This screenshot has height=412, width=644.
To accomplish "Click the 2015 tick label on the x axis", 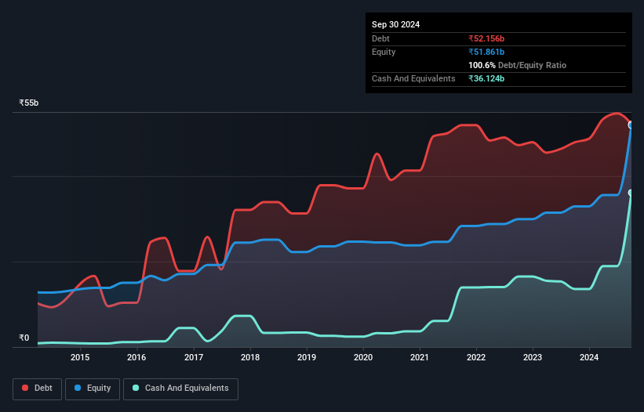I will pyautogui.click(x=80, y=358).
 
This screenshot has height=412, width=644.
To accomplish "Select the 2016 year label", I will pyautogui.click(x=136, y=358).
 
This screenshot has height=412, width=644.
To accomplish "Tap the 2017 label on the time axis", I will pyautogui.click(x=194, y=358).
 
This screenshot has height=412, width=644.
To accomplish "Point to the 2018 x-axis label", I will pyautogui.click(x=250, y=358).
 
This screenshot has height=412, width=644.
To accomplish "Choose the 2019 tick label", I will pyautogui.click(x=307, y=358).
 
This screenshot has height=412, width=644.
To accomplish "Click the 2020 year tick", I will pyautogui.click(x=363, y=358).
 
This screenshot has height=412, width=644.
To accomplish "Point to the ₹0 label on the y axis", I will pyautogui.click(x=24, y=338).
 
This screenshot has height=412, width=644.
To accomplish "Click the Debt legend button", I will pyautogui.click(x=37, y=388).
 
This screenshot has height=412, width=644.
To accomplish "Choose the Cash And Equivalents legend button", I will pyautogui.click(x=180, y=388).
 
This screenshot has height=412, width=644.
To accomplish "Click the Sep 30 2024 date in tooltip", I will pyautogui.click(x=395, y=24).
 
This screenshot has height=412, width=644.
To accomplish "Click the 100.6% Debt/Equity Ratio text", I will pyautogui.click(x=517, y=65).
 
